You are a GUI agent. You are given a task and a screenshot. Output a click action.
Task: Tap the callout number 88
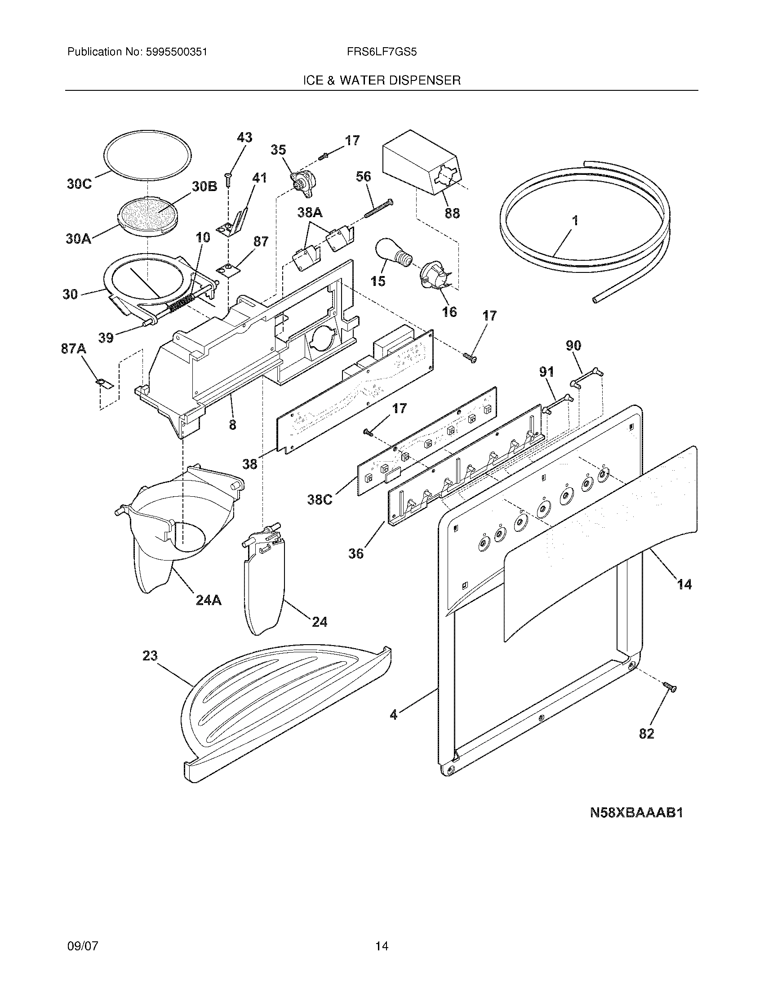click(452, 213)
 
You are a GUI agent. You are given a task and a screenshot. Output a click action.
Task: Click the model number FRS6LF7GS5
click(382, 52)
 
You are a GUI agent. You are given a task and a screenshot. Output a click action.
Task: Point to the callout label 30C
click(79, 184)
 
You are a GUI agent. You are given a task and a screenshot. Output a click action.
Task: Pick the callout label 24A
click(209, 601)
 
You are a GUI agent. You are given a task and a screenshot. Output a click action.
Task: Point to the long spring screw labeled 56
click(378, 208)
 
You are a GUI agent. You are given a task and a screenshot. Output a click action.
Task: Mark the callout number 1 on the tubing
click(575, 221)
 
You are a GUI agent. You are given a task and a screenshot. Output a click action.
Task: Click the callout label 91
click(546, 372)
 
